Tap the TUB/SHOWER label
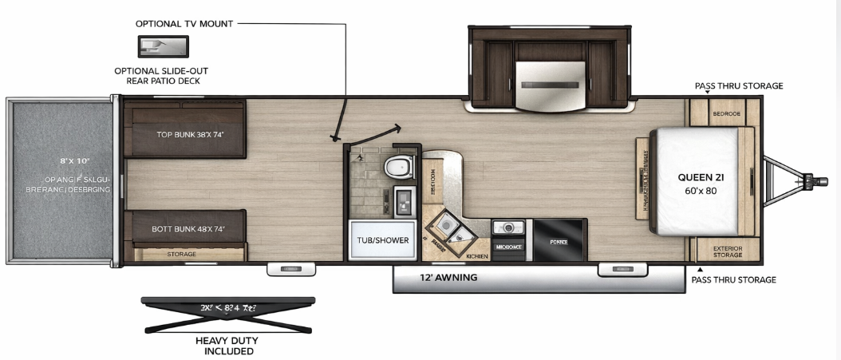382,239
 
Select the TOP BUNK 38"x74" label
189,133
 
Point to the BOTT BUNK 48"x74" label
188,229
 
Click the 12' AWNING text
448,278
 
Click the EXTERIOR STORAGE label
727,251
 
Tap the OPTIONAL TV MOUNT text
184,24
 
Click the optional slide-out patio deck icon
162,47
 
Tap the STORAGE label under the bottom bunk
181,254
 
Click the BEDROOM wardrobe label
727,114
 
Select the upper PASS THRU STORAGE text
738,85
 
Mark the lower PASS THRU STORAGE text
733,279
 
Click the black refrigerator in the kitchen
559,239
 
